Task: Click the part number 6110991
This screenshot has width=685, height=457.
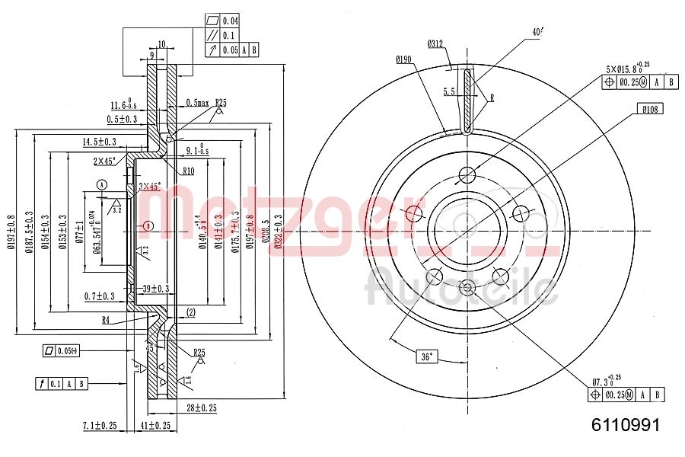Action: [626, 425]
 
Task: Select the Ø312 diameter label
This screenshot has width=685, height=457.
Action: [435, 43]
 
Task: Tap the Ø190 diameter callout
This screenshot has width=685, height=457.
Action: [403, 59]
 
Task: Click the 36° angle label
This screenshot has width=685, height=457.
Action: [429, 356]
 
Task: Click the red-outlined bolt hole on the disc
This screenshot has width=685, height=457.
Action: [414, 213]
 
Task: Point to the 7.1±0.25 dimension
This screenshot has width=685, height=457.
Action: [99, 425]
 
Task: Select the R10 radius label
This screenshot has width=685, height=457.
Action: [189, 171]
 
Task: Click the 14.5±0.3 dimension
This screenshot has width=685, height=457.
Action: [100, 142]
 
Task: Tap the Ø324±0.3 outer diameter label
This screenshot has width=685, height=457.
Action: [278, 228]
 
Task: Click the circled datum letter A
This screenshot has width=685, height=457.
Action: [103, 184]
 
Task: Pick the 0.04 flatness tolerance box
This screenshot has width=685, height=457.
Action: [229, 20]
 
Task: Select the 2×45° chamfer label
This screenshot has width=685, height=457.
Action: [104, 161]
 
